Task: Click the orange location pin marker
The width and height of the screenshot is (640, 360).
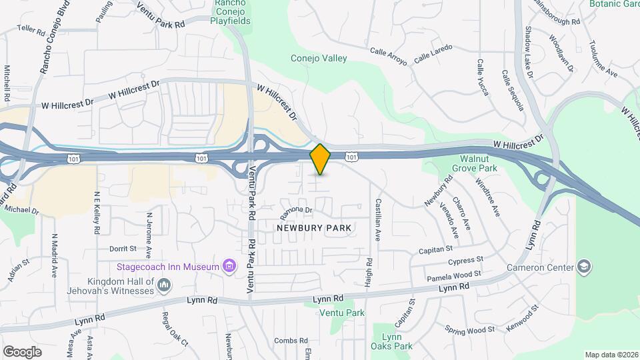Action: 321,159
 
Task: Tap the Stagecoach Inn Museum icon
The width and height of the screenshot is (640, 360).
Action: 229,267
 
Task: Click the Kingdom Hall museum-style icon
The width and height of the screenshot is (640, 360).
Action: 163,286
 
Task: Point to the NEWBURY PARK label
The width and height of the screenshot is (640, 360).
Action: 313,228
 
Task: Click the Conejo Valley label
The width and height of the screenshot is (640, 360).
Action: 319,59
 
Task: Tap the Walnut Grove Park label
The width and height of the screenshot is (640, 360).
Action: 479,164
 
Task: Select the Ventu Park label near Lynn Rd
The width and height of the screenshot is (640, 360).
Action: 342,313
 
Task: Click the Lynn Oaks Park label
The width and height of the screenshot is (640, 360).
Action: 393,341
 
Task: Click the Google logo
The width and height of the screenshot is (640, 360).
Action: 22,351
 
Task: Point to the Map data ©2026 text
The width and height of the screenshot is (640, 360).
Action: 611,355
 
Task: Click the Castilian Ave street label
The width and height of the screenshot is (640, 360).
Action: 378,219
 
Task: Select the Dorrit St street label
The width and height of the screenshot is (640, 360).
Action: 123,249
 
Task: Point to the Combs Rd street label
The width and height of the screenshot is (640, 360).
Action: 290,341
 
